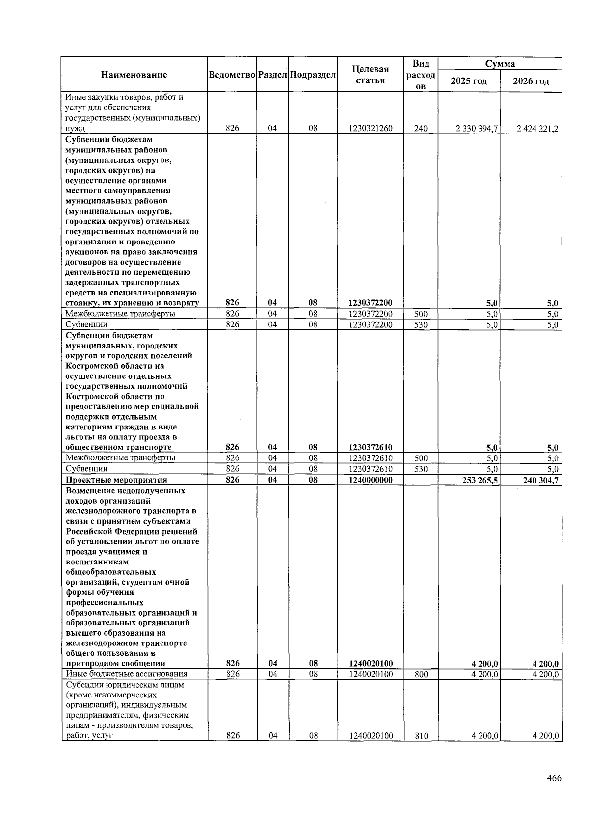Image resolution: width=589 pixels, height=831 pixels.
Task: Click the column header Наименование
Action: (134, 75)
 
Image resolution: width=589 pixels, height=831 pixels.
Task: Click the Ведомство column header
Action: (232, 75)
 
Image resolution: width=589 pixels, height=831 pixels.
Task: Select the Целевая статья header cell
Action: (370, 75)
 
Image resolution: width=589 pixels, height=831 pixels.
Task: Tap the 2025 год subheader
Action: (469, 81)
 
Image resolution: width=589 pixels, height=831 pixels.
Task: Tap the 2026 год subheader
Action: (531, 81)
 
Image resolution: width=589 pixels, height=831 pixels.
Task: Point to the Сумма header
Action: (500, 64)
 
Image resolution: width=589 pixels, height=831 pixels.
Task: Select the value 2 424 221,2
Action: (538, 129)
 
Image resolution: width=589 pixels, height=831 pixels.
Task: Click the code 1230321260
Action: (371, 128)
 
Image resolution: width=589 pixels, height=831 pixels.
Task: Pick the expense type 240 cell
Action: (421, 128)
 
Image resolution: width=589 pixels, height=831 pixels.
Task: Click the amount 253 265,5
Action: (480, 480)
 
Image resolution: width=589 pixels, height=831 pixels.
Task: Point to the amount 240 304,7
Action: (540, 480)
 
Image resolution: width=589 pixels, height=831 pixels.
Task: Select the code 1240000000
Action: (371, 480)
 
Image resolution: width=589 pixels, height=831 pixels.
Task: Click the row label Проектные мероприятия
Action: (116, 480)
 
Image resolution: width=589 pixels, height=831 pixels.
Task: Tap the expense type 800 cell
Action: (421, 674)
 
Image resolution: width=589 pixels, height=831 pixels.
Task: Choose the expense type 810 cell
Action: (421, 736)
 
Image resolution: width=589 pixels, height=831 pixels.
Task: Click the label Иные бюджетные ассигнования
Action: (127, 674)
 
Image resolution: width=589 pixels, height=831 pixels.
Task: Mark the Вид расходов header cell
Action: (421, 75)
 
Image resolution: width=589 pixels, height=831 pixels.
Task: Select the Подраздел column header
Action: (313, 75)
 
